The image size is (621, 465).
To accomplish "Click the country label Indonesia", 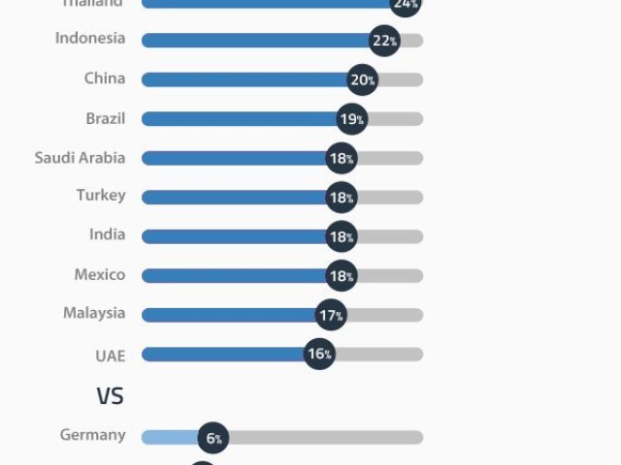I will click(x=89, y=39).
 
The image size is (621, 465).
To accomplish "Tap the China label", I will click(x=104, y=78).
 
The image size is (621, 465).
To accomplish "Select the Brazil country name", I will click(x=105, y=117).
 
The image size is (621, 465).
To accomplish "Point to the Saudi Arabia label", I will click(x=80, y=157).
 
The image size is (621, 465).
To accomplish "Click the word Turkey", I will click(x=101, y=196).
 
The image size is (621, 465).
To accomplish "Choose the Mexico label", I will click(x=99, y=274).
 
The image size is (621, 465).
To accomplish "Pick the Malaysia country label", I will click(x=94, y=313).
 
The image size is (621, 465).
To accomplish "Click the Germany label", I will click(x=92, y=435).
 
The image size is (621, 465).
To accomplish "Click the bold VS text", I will click(x=110, y=395).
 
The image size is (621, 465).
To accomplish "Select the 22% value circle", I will click(x=384, y=41).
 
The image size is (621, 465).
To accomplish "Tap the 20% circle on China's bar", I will click(x=362, y=79).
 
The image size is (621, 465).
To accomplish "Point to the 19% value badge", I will click(x=351, y=119).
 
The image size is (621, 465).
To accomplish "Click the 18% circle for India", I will click(x=342, y=236).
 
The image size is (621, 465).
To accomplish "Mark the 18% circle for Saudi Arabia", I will click(x=342, y=158).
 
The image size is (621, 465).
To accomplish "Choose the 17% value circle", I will click(x=330, y=315).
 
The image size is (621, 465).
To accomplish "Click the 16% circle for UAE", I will click(x=319, y=355).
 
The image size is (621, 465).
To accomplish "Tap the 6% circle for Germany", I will click(x=213, y=438).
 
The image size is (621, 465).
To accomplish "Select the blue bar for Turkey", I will click(x=233, y=197).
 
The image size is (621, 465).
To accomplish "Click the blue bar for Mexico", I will click(x=233, y=275).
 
